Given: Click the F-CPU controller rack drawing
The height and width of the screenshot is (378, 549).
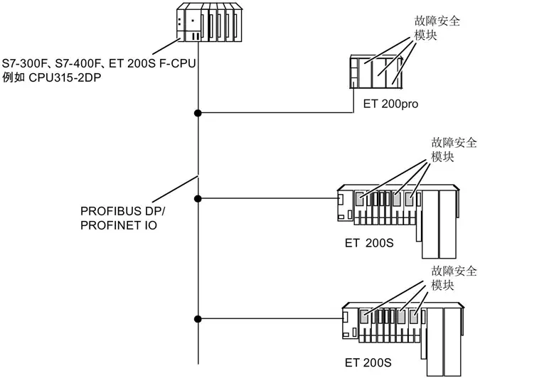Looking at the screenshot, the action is (209, 22).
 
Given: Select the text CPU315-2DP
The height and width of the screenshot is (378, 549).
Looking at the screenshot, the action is (65, 77).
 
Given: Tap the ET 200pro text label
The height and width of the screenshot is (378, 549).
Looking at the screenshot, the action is (390, 104).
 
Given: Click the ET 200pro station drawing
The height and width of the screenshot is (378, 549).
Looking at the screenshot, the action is (376, 71).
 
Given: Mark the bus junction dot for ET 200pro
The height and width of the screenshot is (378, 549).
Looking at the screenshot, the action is (198, 113).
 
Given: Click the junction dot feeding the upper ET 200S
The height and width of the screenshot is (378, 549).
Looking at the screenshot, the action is (198, 199).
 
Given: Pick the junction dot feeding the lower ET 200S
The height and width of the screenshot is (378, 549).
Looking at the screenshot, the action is (198, 319).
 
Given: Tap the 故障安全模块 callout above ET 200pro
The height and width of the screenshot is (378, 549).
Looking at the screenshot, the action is (437, 28).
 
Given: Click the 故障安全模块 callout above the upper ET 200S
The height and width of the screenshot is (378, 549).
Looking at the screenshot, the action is (454, 150).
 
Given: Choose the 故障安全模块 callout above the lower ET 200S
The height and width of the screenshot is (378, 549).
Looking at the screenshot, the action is (454, 278).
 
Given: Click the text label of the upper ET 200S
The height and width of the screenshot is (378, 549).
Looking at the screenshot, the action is (369, 243).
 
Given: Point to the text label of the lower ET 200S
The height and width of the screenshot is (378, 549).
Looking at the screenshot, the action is (368, 362).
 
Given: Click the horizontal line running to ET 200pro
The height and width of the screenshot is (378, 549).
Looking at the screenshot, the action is (275, 113).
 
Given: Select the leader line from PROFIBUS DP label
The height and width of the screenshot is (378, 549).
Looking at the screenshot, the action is (176, 189).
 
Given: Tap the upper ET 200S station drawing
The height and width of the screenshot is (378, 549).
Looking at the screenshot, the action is (398, 222).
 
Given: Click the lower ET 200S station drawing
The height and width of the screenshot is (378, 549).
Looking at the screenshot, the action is (403, 339).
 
